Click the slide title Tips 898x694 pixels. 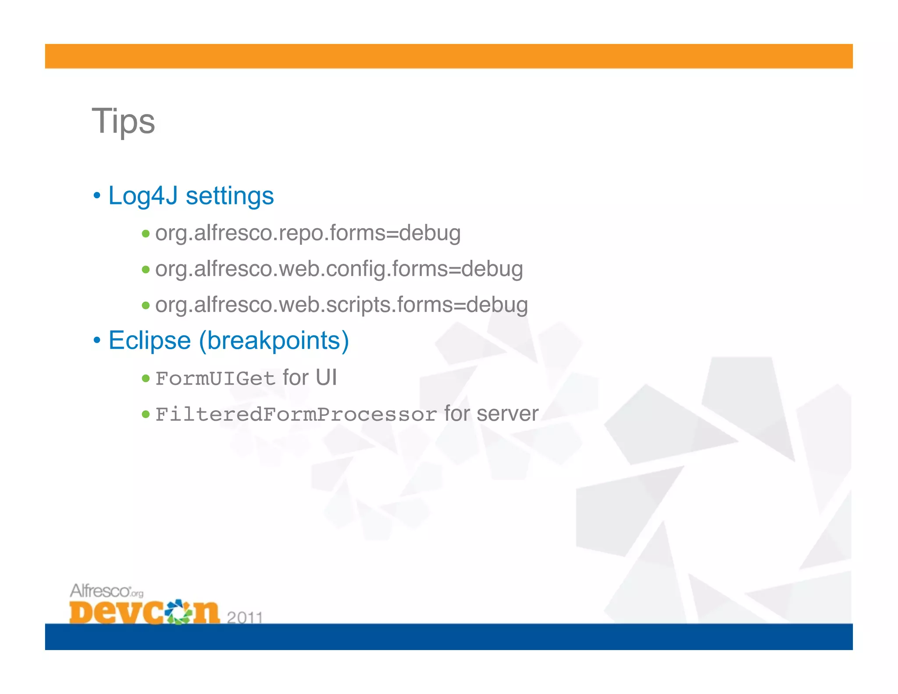(123, 121)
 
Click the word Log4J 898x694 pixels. (143, 196)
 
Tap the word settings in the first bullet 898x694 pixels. (230, 196)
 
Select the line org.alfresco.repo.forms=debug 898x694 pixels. (308, 233)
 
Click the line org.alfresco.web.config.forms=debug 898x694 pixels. (339, 269)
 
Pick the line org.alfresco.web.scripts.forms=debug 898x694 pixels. (342, 305)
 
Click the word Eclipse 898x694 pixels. (150, 340)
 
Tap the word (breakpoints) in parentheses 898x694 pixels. (274, 340)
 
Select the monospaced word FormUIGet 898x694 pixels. (215, 379)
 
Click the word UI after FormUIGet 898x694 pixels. (326, 377)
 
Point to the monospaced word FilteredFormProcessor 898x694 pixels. (296, 415)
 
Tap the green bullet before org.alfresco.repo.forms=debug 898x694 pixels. (146, 233)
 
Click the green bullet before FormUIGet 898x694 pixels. (146, 378)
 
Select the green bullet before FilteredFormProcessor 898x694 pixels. (146, 414)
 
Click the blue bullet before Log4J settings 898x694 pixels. (97, 196)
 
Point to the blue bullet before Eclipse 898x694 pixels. (97, 340)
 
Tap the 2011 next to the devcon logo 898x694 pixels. (245, 617)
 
